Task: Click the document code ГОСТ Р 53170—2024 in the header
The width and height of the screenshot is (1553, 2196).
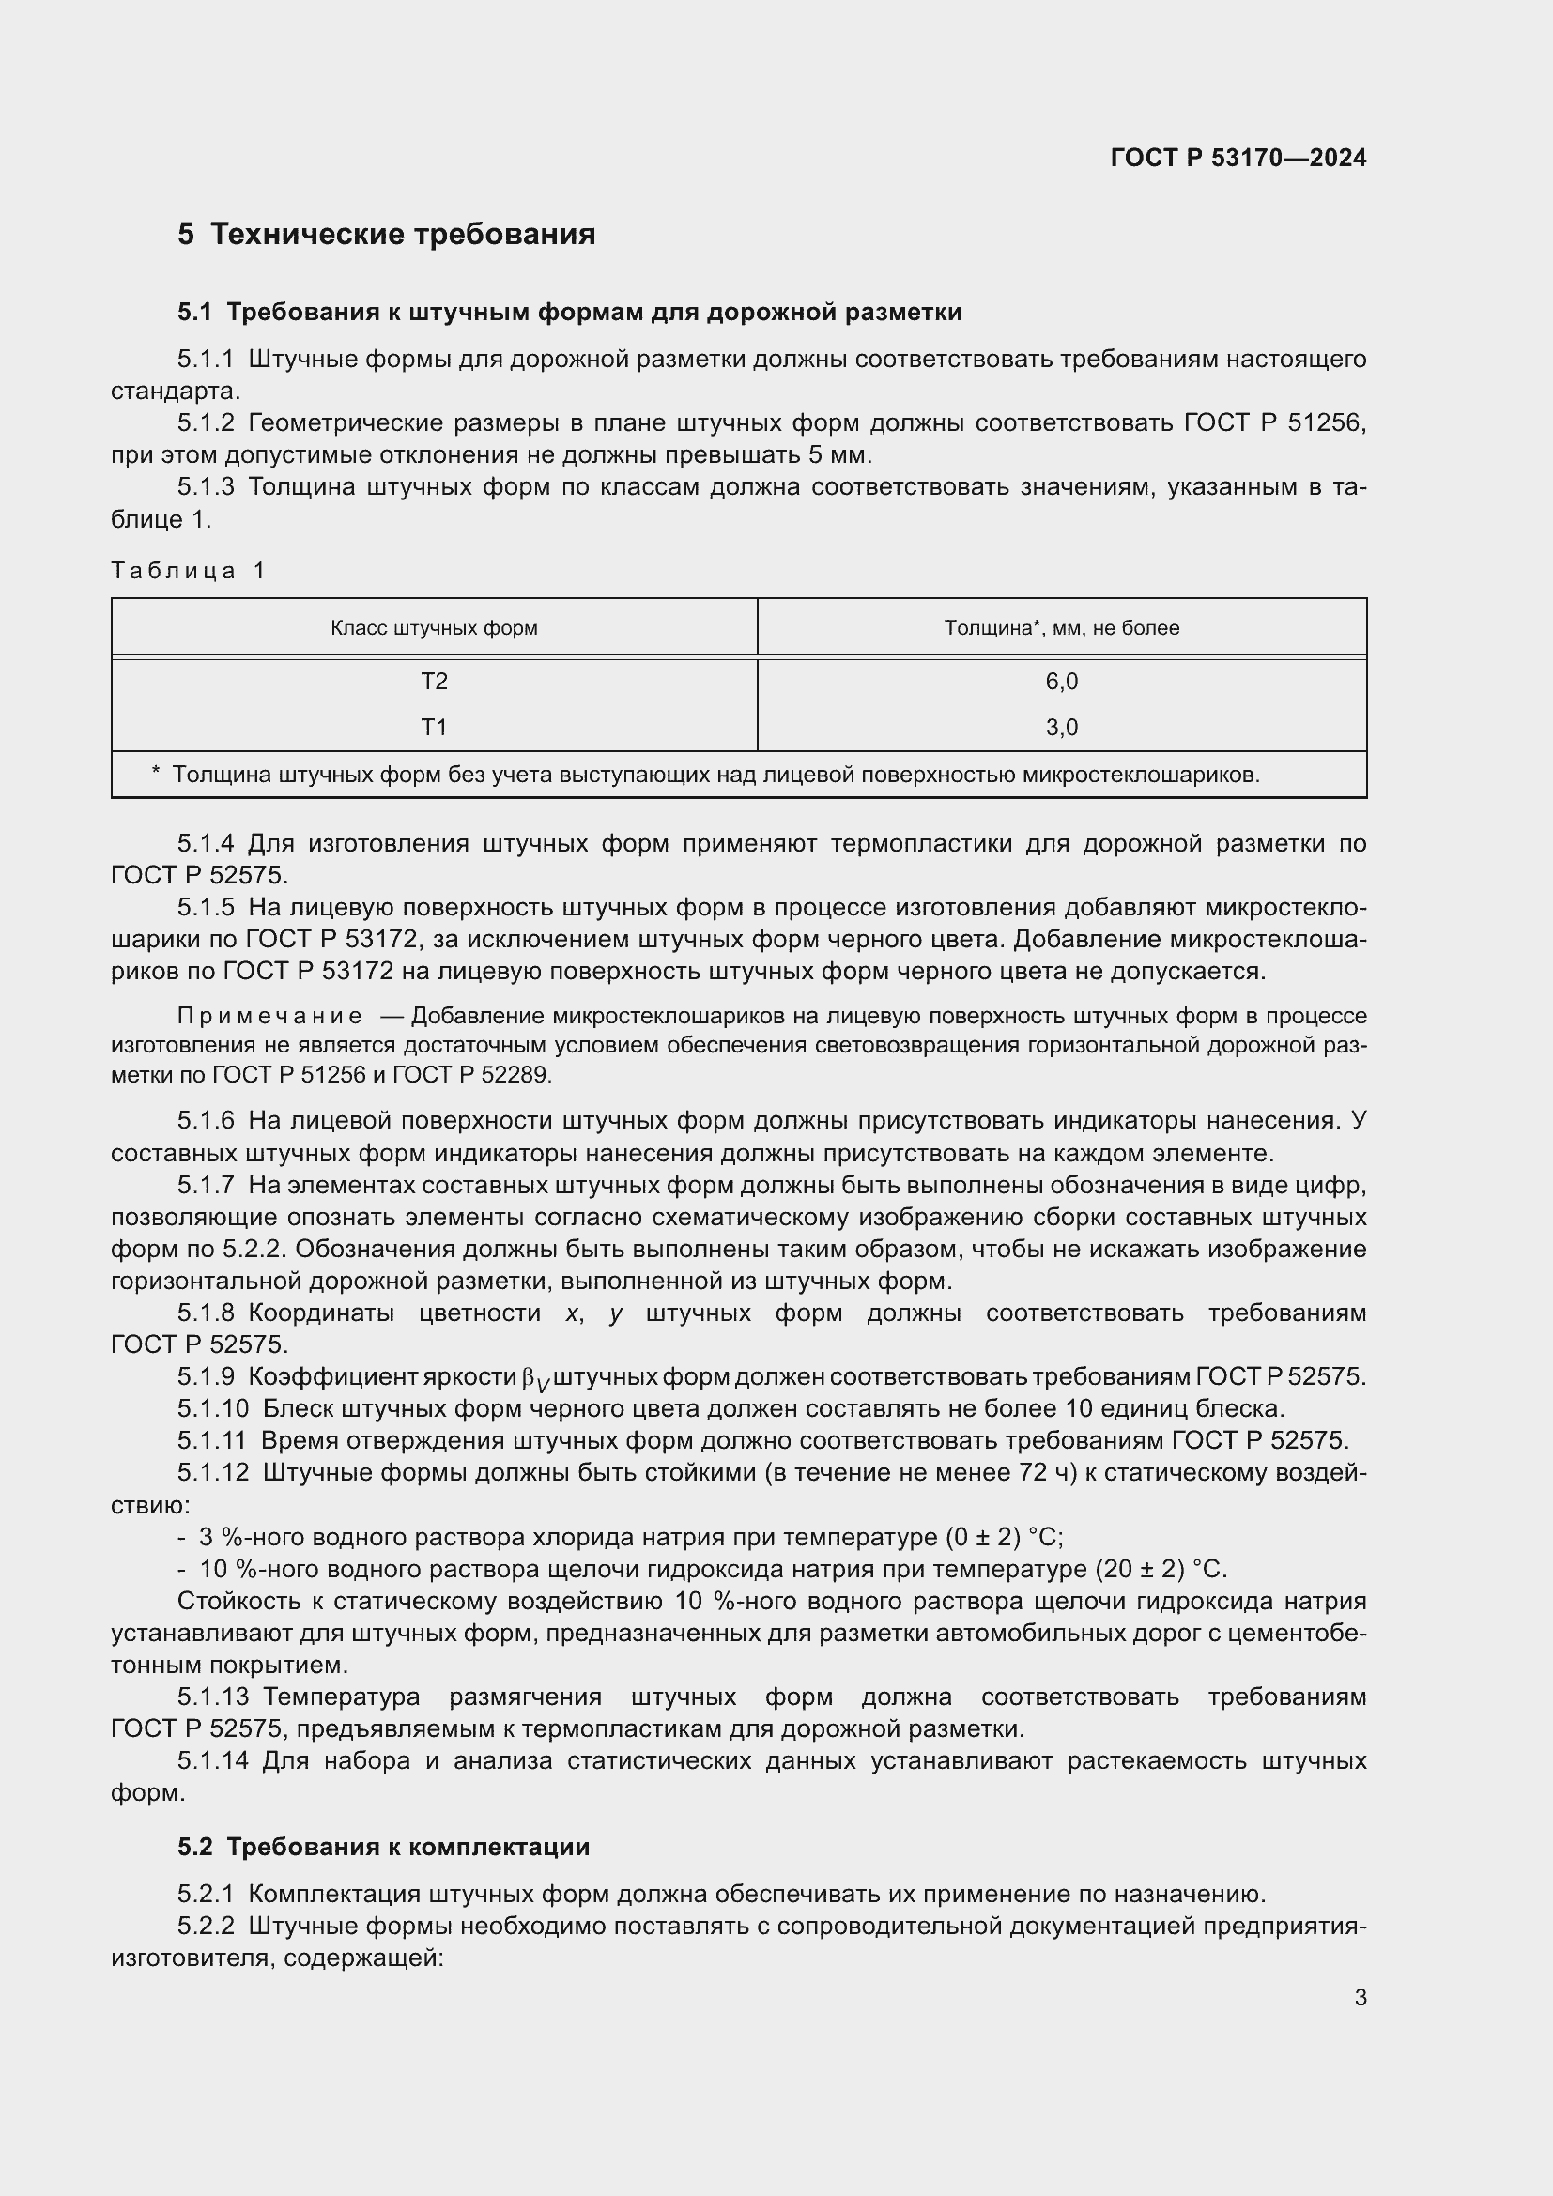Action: pyautogui.click(x=1238, y=158)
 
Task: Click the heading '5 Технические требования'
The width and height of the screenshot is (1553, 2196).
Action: pyautogui.click(x=386, y=235)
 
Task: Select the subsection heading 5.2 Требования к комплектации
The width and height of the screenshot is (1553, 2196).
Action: pyautogui.click(x=383, y=1847)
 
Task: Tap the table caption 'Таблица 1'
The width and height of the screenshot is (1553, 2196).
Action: pyautogui.click(x=189, y=571)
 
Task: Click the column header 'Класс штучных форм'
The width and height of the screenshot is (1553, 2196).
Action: pyautogui.click(x=434, y=628)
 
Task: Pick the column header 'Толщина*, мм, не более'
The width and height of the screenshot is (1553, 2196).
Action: pyautogui.click(x=1062, y=628)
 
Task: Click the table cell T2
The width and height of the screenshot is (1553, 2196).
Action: pyautogui.click(x=434, y=682)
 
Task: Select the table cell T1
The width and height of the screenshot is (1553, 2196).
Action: pyautogui.click(x=434, y=728)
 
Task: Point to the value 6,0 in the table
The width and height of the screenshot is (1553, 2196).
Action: pyautogui.click(x=1062, y=682)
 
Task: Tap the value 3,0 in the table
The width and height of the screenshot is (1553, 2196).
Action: pyautogui.click(x=1062, y=728)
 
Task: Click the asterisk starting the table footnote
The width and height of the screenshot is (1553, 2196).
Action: pyautogui.click(x=156, y=773)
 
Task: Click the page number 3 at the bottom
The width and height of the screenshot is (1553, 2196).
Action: pyautogui.click(x=1360, y=1998)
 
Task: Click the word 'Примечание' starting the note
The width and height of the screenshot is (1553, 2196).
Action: pyautogui.click(x=269, y=1016)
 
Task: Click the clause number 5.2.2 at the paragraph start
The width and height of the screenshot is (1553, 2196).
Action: pyautogui.click(x=206, y=1927)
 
